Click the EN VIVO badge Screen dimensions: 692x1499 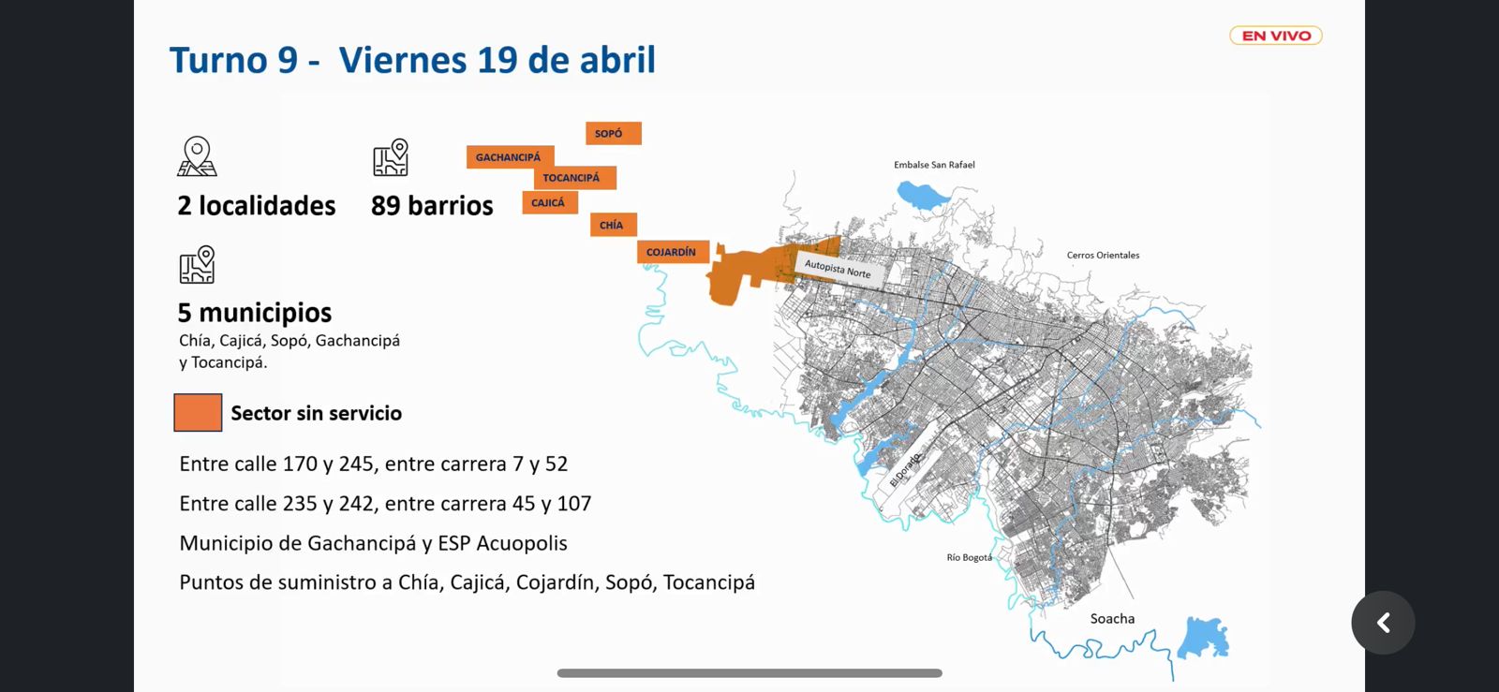tap(1275, 36)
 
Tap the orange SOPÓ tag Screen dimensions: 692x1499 tap(613, 133)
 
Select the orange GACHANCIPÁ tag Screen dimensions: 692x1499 tap(510, 157)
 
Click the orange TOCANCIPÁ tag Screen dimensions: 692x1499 tap(574, 178)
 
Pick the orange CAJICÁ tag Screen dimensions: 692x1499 tap(550, 202)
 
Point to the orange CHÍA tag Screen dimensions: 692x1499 tap(613, 225)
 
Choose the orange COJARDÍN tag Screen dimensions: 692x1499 tap(672, 252)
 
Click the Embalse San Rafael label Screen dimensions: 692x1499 tap(934, 165)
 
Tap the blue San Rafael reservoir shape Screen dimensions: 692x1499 tap(922, 195)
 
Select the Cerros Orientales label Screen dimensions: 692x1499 tap(1103, 255)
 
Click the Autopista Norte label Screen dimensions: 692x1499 tap(838, 269)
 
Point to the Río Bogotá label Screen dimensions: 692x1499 tap(969, 557)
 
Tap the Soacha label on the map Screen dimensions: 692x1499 tap(1112, 619)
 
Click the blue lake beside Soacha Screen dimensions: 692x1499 tap(1204, 638)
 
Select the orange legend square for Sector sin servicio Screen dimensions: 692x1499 tap(198, 413)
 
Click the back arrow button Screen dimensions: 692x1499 tap(1383, 623)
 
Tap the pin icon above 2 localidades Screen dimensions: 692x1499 tap(197, 156)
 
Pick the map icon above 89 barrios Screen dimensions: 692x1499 tap(391, 157)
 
